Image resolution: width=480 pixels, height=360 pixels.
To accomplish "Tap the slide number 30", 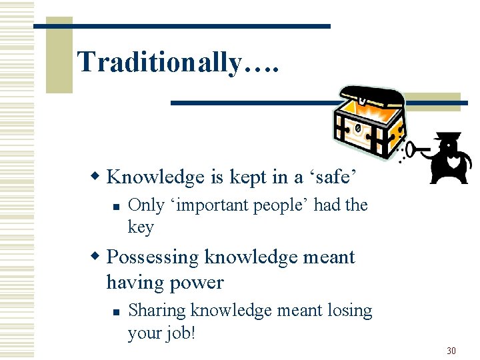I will coord(451,350).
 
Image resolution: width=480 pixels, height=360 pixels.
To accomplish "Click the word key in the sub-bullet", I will coord(141,227).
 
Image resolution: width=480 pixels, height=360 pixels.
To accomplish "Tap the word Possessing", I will coord(153,257).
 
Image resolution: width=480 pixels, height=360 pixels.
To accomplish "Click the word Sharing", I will coord(157,311).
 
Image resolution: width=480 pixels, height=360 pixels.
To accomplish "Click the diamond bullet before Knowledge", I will coord(96,177).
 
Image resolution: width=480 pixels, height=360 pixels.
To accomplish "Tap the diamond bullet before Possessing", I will coord(96,257).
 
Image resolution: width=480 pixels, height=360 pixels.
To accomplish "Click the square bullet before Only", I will coord(116,207).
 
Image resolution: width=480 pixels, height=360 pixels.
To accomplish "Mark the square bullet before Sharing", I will coord(116,311).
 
